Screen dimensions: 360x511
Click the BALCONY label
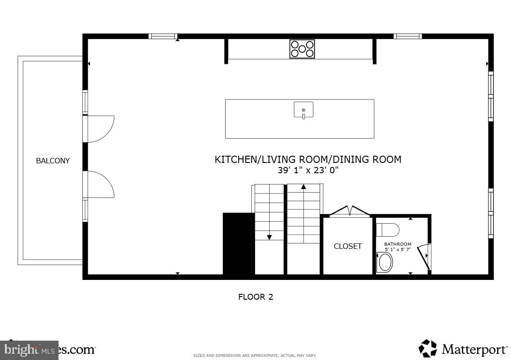point(53,161)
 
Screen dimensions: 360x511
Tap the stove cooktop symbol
point(302,49)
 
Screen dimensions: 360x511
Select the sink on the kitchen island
point(303,110)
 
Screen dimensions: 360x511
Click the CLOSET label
point(348,246)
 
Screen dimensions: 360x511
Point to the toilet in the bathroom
point(388,230)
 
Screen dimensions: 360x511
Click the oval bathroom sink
point(384,262)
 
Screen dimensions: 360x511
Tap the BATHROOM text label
point(398,244)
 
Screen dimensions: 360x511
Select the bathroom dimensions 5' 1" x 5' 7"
point(398,249)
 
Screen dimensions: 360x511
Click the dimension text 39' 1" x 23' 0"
point(308,170)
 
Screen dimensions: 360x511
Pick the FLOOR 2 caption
point(256,297)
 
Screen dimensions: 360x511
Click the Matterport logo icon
point(428,348)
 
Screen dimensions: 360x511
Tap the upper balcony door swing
point(101,129)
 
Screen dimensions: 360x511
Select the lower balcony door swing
point(101,184)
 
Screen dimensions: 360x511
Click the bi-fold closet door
point(349,211)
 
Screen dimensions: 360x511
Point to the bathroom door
point(424,257)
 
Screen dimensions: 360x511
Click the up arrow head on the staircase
point(304,186)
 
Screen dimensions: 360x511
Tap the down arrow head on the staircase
point(269,237)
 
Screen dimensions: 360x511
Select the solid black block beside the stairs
point(237,243)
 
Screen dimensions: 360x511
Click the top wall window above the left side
point(163,36)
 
